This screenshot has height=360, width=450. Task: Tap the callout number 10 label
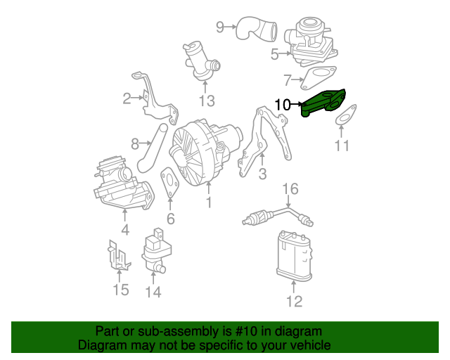(x=282, y=105)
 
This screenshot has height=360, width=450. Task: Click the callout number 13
(x=205, y=101)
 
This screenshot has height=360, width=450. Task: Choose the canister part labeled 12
(x=293, y=257)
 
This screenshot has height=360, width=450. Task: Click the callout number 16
(x=290, y=188)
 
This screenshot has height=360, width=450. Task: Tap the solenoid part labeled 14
(x=157, y=250)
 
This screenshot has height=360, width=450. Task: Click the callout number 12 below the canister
(x=293, y=302)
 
